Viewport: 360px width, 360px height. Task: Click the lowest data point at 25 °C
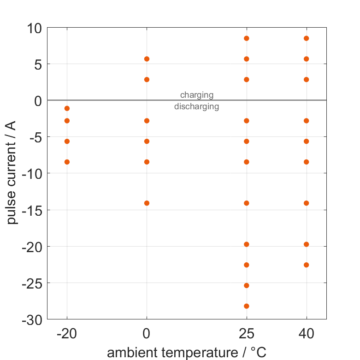[x=247, y=306]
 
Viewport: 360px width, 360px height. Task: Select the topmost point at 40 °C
[x=307, y=38]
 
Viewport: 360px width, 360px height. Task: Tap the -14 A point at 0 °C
[x=147, y=203]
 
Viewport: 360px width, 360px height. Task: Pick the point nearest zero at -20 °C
[x=67, y=108]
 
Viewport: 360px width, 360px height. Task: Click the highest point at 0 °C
[x=147, y=59]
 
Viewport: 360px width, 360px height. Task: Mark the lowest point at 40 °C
[x=307, y=265]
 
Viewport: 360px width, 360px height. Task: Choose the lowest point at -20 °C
[x=67, y=162]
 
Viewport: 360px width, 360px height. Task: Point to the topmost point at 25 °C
[x=247, y=38]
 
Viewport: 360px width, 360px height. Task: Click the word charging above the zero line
[x=197, y=95]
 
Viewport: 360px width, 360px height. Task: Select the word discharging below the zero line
[x=197, y=107]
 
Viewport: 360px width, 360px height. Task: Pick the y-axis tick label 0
[x=38, y=100]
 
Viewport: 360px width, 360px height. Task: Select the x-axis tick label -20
[x=67, y=333]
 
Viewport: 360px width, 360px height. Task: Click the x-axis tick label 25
[x=247, y=333]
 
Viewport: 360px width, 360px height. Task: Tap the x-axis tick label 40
[x=307, y=333]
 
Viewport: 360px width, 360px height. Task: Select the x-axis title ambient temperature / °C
[x=187, y=353]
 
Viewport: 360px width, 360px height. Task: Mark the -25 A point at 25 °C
[x=247, y=286]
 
